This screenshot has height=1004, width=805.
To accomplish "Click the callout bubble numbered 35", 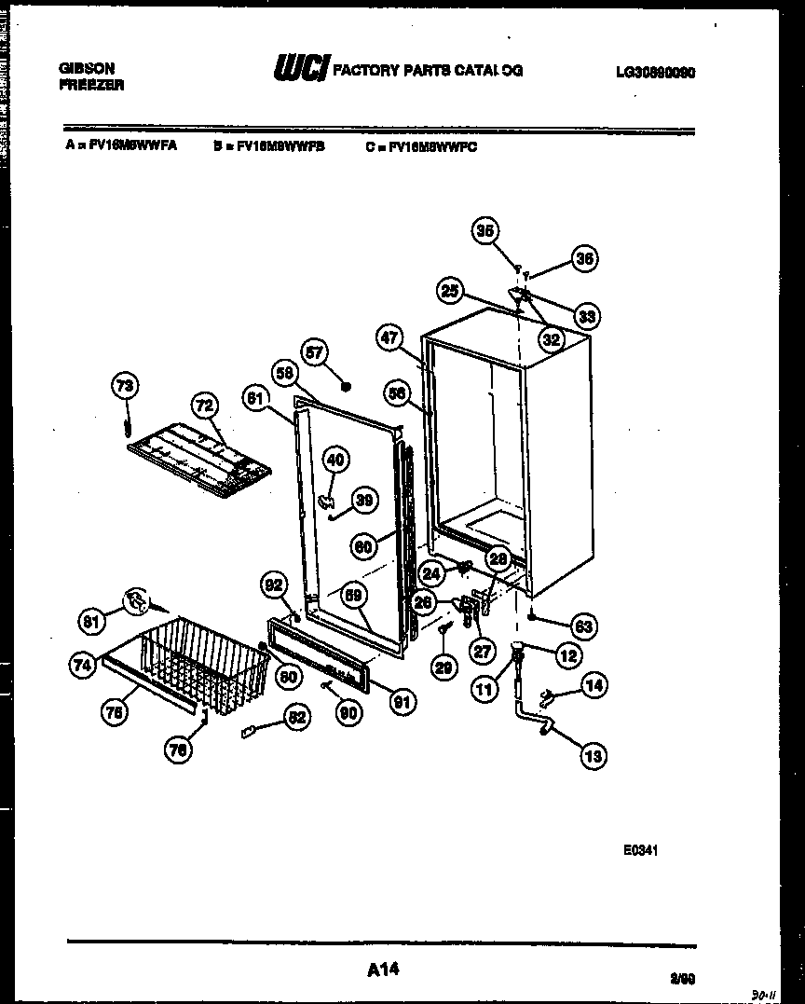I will point(484,231).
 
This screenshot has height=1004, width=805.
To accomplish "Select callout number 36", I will point(583,260).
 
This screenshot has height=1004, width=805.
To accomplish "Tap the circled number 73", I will point(125,385).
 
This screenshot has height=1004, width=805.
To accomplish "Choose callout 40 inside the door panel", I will point(335,459).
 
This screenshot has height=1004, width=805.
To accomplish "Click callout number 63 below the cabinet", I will point(584,626).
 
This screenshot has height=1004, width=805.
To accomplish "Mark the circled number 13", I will point(593,756).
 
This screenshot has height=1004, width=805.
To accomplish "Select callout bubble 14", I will point(593,686).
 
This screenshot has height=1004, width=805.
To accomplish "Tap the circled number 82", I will point(296,718).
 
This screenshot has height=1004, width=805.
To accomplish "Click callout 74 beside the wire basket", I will point(82,665).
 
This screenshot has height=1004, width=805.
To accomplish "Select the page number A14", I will point(383,970).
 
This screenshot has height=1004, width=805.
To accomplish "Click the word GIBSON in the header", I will point(88,69).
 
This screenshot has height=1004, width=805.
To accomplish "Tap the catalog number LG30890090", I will point(656,71).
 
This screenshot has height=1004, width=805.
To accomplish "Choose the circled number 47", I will point(392,337).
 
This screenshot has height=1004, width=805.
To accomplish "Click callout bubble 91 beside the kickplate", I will point(403,702).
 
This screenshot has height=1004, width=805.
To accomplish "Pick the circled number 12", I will point(568,655).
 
